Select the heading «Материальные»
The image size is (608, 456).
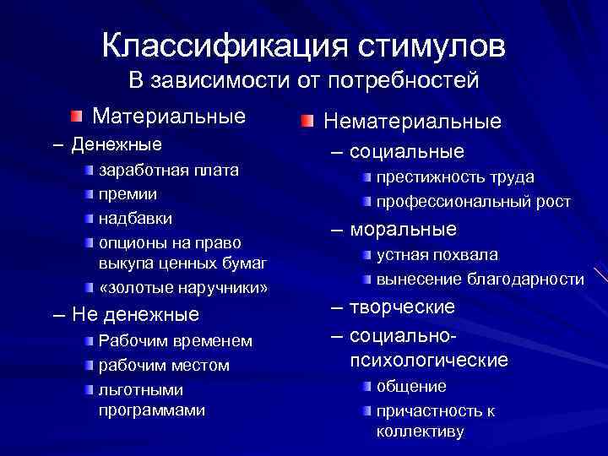169,114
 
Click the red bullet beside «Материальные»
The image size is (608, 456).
77,115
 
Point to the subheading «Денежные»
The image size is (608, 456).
117,144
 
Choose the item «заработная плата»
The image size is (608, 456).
169,170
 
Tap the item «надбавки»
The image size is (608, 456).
135,219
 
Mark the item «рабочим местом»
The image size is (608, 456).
164,365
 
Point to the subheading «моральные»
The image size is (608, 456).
403,229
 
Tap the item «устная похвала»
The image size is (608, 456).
437,254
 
